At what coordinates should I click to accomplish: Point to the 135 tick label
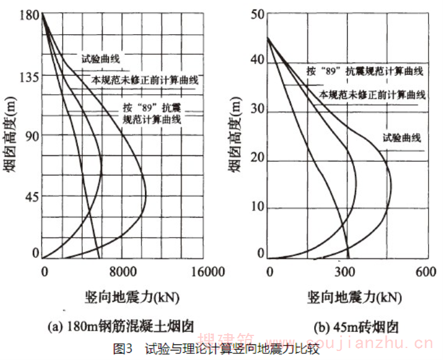[x=28, y=76]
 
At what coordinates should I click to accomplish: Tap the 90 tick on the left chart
[x=31, y=136]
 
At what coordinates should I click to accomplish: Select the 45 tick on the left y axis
[x=31, y=196]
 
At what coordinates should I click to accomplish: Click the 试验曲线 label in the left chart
[x=101, y=59]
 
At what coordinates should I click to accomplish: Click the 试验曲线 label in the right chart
[x=402, y=138]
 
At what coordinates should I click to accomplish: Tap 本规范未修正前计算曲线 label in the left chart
[x=145, y=79]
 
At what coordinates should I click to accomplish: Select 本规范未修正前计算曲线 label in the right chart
[x=372, y=95]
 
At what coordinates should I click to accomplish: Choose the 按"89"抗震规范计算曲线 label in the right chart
[x=364, y=71]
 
